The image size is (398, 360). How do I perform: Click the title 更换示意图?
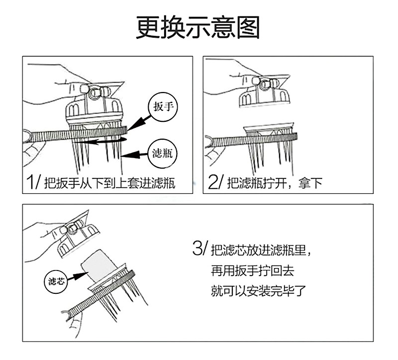pos(198,27)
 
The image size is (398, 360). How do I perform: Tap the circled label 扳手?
pos(163,106)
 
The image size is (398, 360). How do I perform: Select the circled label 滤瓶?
pos(163,154)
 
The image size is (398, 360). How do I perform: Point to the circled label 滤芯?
pos(56,281)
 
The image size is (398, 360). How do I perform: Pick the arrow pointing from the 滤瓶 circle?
pos(134,155)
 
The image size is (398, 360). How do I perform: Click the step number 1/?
pos(33,181)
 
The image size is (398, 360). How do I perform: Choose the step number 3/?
pos(200,248)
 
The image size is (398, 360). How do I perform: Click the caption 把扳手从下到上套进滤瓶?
pos(109,182)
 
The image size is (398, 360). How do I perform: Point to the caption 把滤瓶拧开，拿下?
pos(275,182)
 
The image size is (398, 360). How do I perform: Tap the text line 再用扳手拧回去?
pos(252,270)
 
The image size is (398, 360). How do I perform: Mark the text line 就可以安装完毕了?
pos(258,291)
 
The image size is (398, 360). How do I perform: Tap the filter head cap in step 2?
pos(264,91)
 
